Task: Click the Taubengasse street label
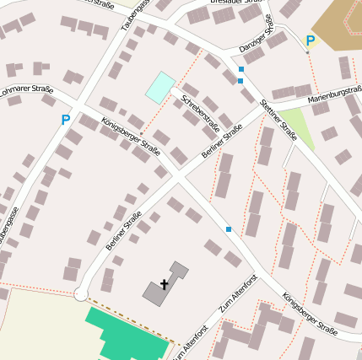135,16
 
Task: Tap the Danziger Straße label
257,35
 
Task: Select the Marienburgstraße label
335,93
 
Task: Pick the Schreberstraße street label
201,115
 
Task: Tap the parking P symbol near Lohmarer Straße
65,121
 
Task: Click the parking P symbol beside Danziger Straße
310,40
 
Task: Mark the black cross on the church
164,285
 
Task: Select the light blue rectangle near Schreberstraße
160,87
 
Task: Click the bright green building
127,334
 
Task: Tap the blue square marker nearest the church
228,228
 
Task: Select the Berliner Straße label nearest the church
124,231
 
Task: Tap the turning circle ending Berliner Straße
81,293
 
